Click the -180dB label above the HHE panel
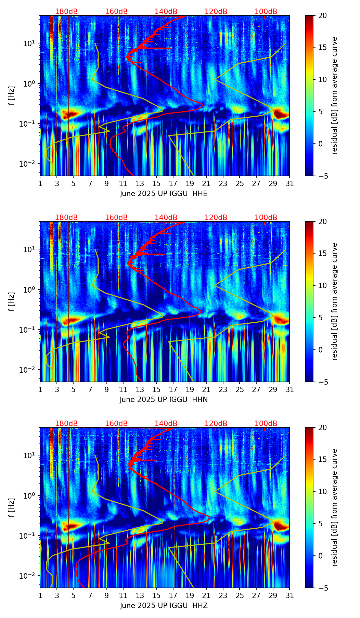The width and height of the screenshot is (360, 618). click(65, 12)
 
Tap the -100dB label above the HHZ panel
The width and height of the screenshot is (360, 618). click(265, 424)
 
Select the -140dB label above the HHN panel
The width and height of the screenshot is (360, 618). click(165, 218)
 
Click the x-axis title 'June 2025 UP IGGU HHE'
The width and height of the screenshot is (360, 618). click(164, 194)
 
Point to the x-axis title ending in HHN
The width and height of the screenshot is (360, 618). click(164, 400)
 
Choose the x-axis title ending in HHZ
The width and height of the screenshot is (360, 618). click(164, 606)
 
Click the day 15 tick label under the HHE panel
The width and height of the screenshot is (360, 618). click(156, 183)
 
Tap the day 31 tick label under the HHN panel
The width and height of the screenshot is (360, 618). click(290, 389)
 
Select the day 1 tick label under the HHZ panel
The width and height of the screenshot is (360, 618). click(40, 595)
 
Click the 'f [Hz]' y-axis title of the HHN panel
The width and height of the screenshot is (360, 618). click(12, 301)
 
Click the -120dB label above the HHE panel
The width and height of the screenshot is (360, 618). click(215, 12)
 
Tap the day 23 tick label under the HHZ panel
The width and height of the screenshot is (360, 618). click(223, 595)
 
